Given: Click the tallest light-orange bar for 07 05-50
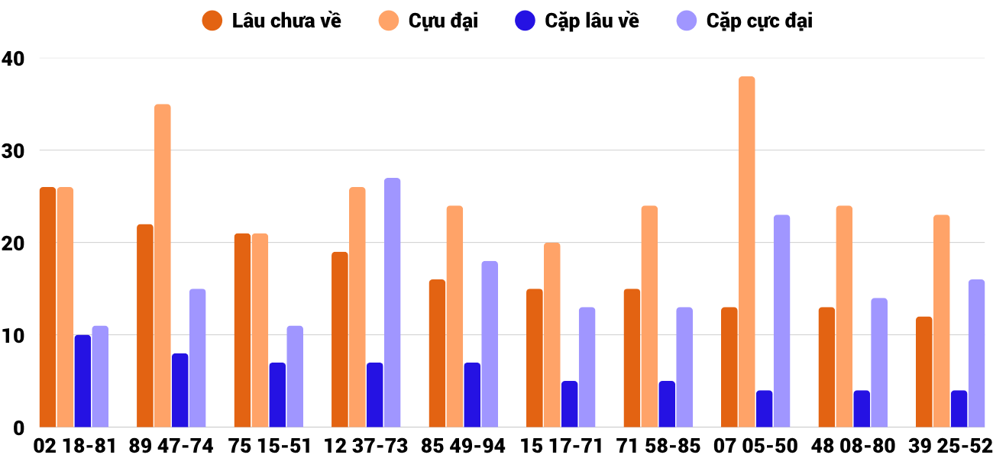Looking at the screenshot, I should coord(746,252).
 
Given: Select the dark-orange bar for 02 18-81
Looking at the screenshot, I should coord(47,307).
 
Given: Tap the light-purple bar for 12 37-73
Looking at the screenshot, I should coord(392,302).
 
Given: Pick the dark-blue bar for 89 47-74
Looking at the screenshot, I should coord(180,390).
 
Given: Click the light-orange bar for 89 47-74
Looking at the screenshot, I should coord(162,266).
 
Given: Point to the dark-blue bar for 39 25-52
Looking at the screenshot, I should coord(959,408).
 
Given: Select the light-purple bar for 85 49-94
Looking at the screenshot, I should coord(489,343).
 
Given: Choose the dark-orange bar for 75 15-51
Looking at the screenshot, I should coord(242,330).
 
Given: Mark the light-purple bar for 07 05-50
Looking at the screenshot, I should coord(781,321).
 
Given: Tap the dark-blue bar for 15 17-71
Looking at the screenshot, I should coord(569,404).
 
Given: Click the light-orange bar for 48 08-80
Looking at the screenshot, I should coord(844,316).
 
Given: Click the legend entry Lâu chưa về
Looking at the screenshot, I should coord(271,21).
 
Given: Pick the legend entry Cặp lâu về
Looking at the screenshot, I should coord(577,21).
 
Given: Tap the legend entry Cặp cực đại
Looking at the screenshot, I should coord(745,21).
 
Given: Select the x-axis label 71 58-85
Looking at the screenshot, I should coord(658,446).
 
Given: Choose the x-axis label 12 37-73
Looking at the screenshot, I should coord(366,446).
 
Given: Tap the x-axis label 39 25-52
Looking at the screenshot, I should coord(950,446).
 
